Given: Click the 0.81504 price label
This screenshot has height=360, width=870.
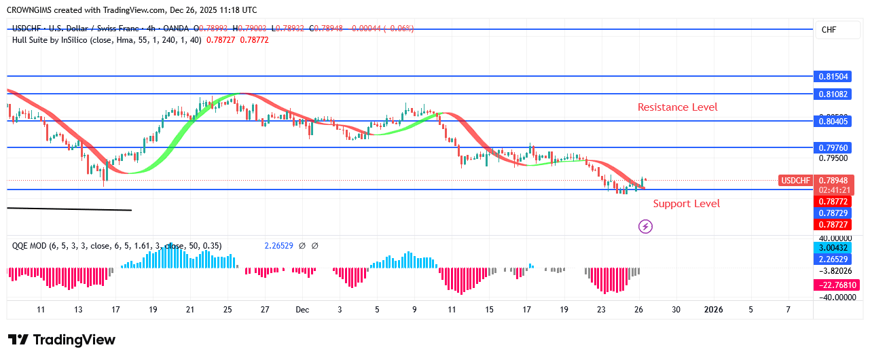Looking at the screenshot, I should tap(833, 77).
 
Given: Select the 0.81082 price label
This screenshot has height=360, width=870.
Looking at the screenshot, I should tap(833, 94).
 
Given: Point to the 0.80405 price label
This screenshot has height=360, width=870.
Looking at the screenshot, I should tap(833, 121).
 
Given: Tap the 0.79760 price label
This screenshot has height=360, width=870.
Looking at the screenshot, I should tap(833, 147).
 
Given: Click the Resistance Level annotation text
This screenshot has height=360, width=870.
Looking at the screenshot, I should tap(677, 107).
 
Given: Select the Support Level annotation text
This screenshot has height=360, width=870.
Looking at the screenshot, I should tap(686, 204).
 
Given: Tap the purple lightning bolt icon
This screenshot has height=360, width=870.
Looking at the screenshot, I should tap(645, 226).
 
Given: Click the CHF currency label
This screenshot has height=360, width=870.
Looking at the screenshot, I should tap(829, 30).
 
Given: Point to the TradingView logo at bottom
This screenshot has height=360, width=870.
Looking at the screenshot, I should tap(62, 340).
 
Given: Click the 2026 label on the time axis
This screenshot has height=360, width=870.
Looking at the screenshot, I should tap(713, 310).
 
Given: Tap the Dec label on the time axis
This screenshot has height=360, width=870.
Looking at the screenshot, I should tap(302, 310).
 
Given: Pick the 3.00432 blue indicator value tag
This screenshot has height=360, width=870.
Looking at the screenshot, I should tap(833, 249).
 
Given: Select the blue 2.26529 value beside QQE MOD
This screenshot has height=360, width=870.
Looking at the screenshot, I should tap(278, 246).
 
